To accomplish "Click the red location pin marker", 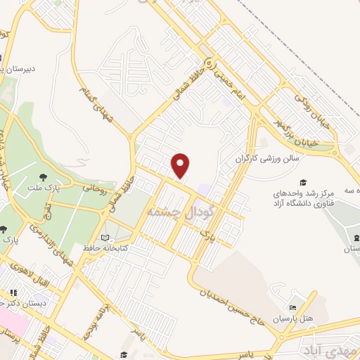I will point(181,165).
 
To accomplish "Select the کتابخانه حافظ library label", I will point(136,239).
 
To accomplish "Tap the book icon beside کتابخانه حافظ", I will point(106,239).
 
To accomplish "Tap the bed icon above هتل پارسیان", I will point(293,307).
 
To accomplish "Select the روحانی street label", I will point(95,189).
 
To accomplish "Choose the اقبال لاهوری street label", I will point(36,273).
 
